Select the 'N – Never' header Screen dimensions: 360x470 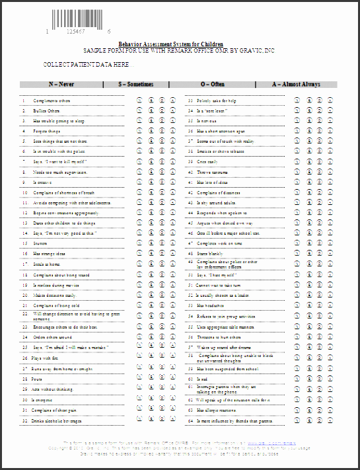[x=61, y=85]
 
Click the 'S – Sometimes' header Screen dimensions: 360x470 [x=136, y=85]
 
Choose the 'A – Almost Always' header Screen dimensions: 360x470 [x=296, y=85]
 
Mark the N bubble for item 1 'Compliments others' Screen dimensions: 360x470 [x=140, y=101]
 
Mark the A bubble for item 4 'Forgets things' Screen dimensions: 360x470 [x=172, y=132]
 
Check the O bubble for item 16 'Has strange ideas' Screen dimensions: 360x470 [x=161, y=253]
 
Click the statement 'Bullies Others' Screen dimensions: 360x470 [x=46, y=111]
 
